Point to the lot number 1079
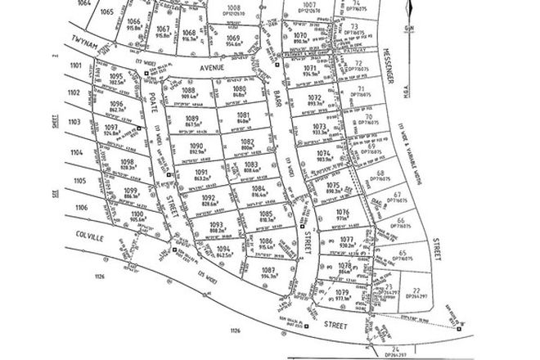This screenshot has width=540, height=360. pyautogui.click(x=341, y=292)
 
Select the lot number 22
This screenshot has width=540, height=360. pyautogui.click(x=416, y=291)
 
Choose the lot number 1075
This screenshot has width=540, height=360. pyautogui.click(x=332, y=187)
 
